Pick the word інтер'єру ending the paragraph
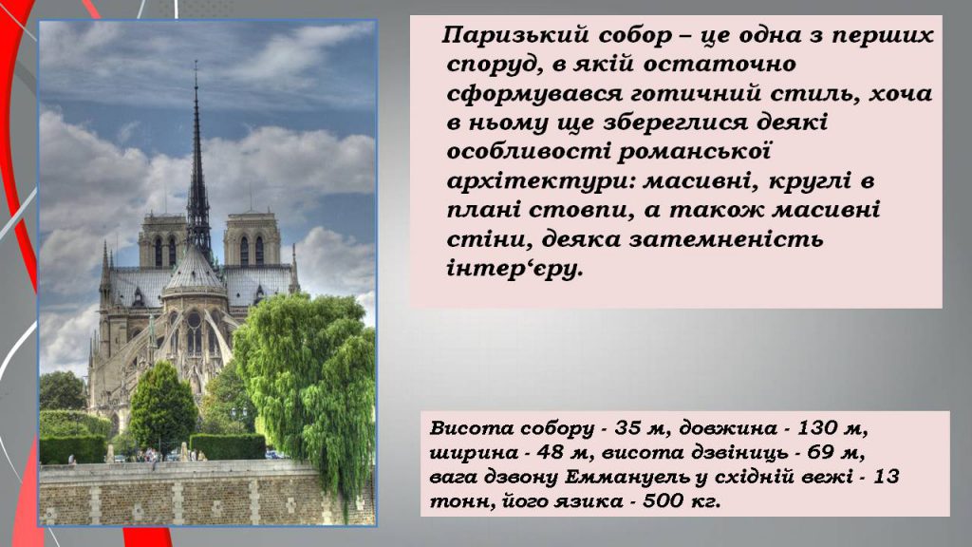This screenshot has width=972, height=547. [513, 269]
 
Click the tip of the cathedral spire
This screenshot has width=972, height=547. [196, 65]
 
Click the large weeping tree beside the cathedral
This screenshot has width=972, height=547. [304, 380]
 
